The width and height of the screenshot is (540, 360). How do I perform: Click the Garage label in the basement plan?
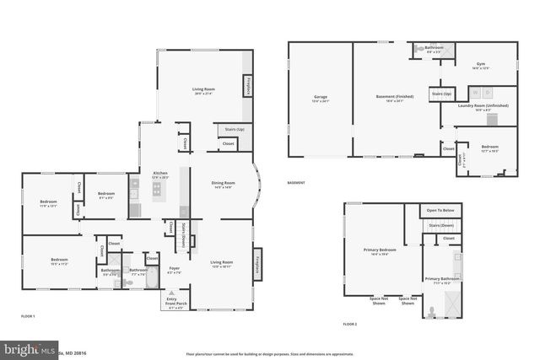click(x=320, y=99)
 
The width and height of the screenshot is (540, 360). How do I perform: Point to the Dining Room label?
click(x=223, y=185)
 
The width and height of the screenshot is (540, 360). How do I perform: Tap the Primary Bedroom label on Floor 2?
click(x=379, y=251)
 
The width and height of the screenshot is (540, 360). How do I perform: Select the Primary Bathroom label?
click(x=443, y=280)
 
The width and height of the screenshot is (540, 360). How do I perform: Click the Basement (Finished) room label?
click(x=390, y=99)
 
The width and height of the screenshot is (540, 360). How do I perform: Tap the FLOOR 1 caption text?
click(x=28, y=314)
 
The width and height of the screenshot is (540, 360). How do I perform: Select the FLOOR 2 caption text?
click(x=350, y=324)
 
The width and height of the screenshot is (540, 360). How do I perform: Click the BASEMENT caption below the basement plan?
click(x=296, y=183)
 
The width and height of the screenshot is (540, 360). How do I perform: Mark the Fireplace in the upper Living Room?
click(x=247, y=86)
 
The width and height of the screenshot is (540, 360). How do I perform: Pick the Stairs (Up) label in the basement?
click(x=442, y=94)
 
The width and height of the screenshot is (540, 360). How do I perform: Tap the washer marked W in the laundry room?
click(x=474, y=92)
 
